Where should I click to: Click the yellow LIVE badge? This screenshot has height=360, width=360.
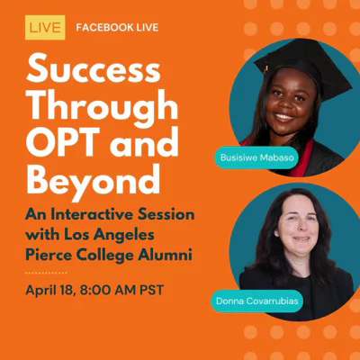45,28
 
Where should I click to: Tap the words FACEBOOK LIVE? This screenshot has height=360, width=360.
117,28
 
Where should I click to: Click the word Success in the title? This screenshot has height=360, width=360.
94,68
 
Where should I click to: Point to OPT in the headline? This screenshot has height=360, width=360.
66,140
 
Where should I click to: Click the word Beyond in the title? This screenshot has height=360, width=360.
93,181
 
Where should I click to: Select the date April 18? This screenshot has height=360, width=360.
50,290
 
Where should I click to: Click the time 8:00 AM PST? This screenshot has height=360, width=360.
121,290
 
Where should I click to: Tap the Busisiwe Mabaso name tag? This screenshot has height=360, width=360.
257,157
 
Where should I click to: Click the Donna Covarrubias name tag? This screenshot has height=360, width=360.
257,301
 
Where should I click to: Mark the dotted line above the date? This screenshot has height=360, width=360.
46,273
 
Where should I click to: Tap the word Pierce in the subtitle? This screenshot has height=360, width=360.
44,256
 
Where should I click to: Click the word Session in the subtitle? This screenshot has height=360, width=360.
166,215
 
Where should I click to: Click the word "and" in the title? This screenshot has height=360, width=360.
144,140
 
